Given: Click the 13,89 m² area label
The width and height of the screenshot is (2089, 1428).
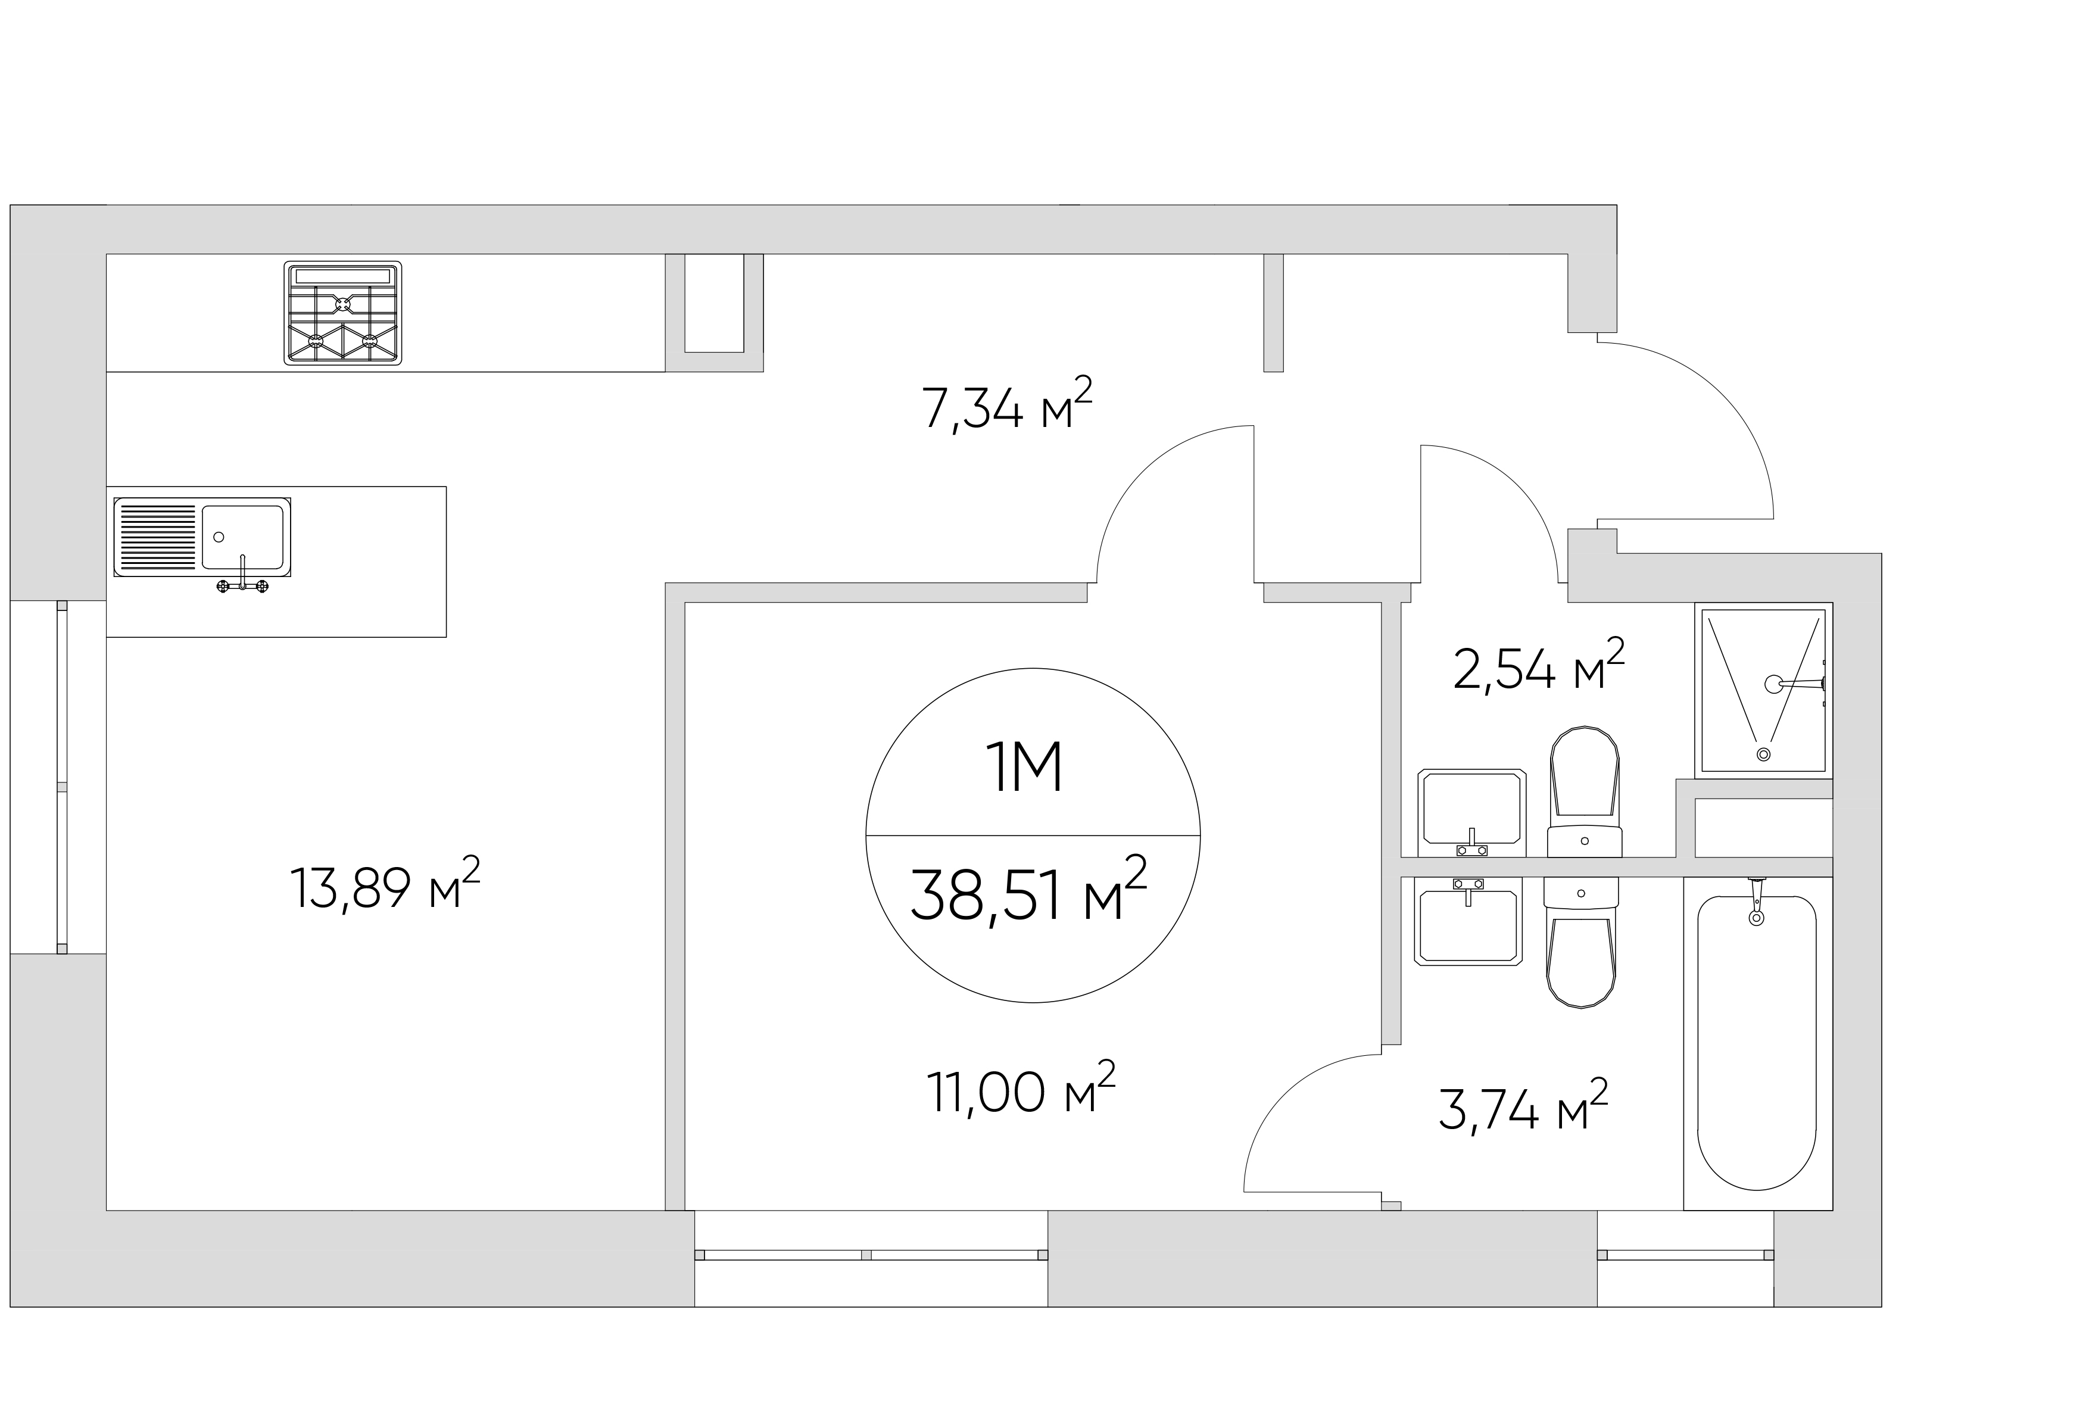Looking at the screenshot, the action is point(385,884).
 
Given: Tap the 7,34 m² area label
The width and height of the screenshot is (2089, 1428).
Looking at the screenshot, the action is point(1007,406).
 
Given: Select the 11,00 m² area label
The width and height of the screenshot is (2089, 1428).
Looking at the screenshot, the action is point(1020,1089).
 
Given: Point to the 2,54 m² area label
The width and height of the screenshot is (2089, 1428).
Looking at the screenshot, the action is point(1539,666).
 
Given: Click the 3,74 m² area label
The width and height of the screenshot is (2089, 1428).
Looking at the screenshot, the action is point(1523,1106).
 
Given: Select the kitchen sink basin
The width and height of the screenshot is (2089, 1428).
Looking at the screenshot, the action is point(242,537).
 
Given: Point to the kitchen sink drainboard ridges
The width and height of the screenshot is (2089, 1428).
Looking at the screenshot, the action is point(157,537).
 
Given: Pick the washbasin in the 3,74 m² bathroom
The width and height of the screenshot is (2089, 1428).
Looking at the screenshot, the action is point(1468,921).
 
